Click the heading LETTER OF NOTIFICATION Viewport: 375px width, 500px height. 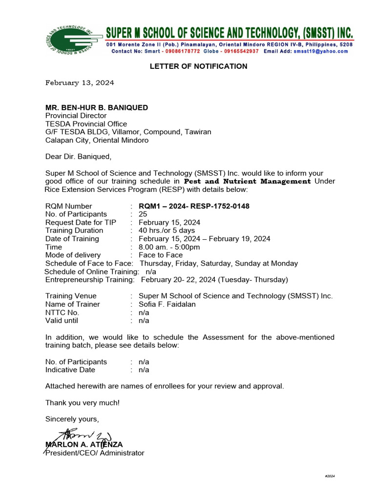(x=198, y=66)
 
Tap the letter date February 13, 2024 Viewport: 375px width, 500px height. (x=80, y=83)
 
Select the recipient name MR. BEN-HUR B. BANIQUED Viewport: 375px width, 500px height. (x=97, y=107)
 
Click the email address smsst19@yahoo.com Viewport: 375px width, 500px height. (x=324, y=51)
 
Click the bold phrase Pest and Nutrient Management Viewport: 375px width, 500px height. (x=250, y=181)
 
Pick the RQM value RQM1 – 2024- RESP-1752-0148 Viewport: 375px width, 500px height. (x=194, y=206)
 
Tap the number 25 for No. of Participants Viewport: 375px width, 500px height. (x=143, y=214)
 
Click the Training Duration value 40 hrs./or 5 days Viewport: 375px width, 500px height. (x=167, y=230)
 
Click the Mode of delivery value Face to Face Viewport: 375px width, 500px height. (x=161, y=255)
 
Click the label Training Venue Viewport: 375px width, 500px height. (x=71, y=296)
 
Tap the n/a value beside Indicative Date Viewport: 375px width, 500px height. (x=144, y=370)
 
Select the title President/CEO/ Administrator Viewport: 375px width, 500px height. (x=95, y=453)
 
